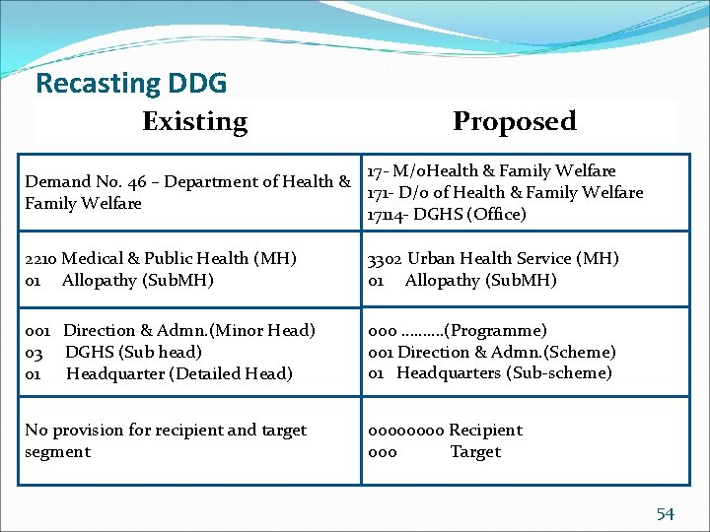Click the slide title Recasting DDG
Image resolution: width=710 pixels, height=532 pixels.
tap(131, 83)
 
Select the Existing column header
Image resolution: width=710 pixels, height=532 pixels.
tap(194, 121)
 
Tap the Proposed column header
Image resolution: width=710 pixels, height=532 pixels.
tap(514, 121)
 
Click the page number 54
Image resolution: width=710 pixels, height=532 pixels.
tap(666, 513)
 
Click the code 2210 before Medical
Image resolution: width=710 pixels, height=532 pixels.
tap(40, 258)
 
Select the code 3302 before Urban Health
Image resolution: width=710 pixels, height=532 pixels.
tap(385, 258)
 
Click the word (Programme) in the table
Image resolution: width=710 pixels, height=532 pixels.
tap(497, 330)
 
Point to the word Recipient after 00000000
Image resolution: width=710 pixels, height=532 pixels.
tap(486, 430)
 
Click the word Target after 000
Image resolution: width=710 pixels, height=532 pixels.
tap(475, 451)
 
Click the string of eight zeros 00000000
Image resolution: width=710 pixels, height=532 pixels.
tap(406, 430)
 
